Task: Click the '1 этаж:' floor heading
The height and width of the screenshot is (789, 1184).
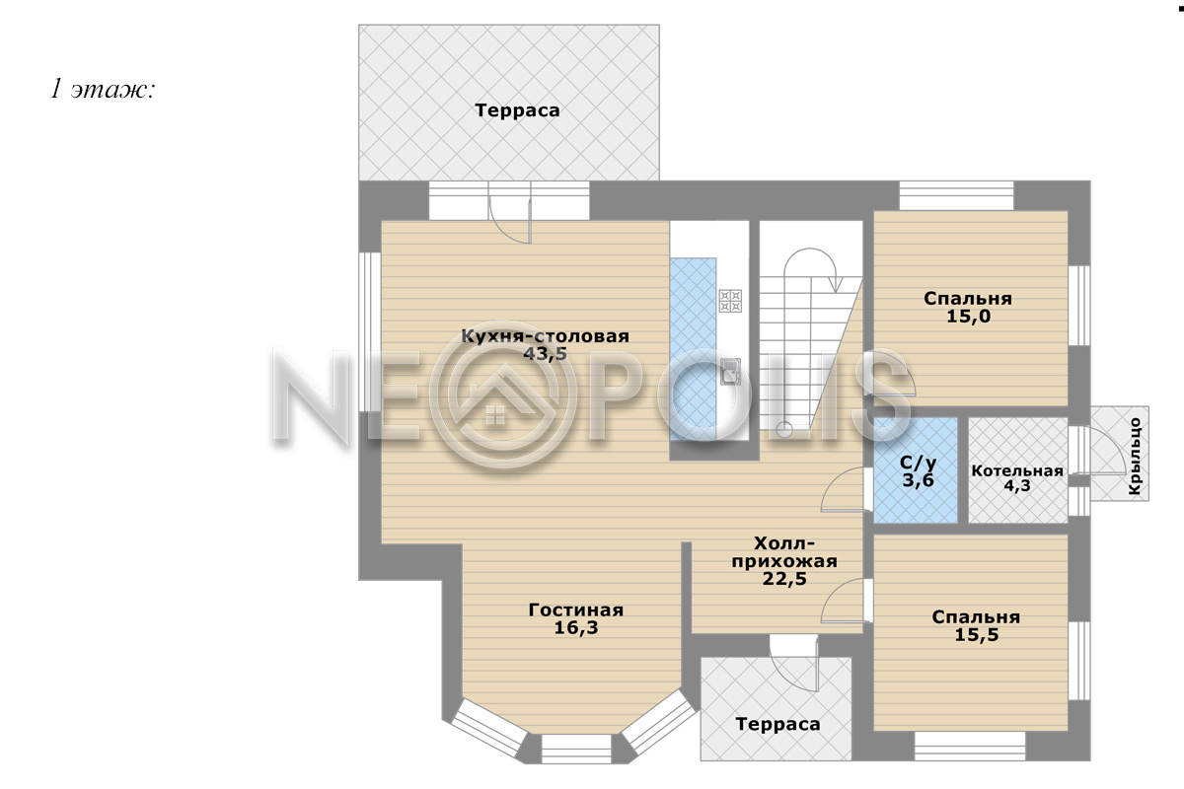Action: pyautogui.click(x=103, y=90)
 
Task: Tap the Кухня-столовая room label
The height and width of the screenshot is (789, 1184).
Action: pyautogui.click(x=545, y=336)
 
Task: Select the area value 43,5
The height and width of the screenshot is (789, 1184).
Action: pyautogui.click(x=545, y=353)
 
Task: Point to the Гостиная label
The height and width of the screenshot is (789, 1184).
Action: pyautogui.click(x=575, y=610)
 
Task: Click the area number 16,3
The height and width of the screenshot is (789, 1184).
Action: pyautogui.click(x=575, y=627)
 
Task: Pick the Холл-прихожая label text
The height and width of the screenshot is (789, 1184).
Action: pyautogui.click(x=784, y=551)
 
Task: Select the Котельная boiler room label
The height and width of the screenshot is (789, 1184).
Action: pyautogui.click(x=1017, y=470)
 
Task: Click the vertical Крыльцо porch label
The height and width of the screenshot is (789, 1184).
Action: pyautogui.click(x=1135, y=456)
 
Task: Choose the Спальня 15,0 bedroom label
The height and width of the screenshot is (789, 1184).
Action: pyautogui.click(x=968, y=307)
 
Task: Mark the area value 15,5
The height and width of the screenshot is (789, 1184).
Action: pyautogui.click(x=976, y=634)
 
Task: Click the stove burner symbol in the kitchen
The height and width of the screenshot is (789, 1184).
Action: pyautogui.click(x=730, y=301)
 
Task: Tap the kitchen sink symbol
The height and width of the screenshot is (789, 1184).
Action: pyautogui.click(x=730, y=371)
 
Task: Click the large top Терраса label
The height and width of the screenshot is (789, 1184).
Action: pyautogui.click(x=517, y=109)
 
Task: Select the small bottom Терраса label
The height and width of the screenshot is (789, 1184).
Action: pyautogui.click(x=777, y=724)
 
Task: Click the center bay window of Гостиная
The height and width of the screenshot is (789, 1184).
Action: pyautogui.click(x=575, y=749)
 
